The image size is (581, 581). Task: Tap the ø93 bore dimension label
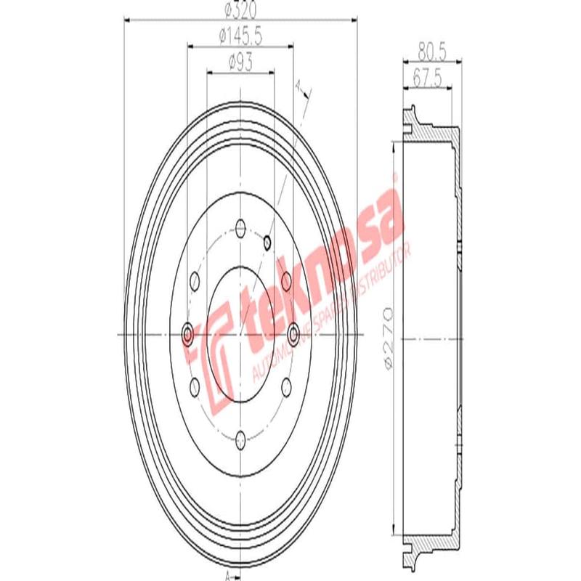tap(240, 63)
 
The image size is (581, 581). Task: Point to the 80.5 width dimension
tap(431, 51)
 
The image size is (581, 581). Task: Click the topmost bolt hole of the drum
tap(240, 230)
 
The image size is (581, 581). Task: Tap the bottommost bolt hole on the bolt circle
tap(240, 437)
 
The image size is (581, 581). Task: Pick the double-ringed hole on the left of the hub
tap(187, 334)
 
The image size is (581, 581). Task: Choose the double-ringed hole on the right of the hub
tap(293, 334)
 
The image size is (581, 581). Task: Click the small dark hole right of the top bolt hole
tap(267, 241)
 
